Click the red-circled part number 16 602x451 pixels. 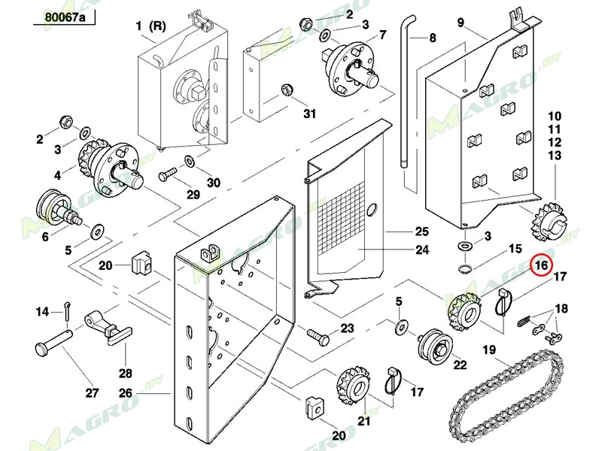[540, 265]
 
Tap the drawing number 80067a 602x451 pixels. [65, 17]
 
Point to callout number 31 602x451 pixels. [309, 114]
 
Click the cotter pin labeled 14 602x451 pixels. [67, 310]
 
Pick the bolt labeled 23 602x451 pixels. [318, 336]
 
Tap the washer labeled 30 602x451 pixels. [190, 162]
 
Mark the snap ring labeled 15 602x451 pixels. [465, 268]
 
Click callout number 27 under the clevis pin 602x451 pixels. [92, 392]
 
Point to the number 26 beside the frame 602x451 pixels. [126, 392]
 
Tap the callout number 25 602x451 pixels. [422, 232]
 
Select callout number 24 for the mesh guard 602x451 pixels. [422, 250]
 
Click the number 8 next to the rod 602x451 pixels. [433, 38]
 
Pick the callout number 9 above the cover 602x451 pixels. [461, 23]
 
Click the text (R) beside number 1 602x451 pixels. [157, 26]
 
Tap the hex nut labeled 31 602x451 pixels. [286, 90]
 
